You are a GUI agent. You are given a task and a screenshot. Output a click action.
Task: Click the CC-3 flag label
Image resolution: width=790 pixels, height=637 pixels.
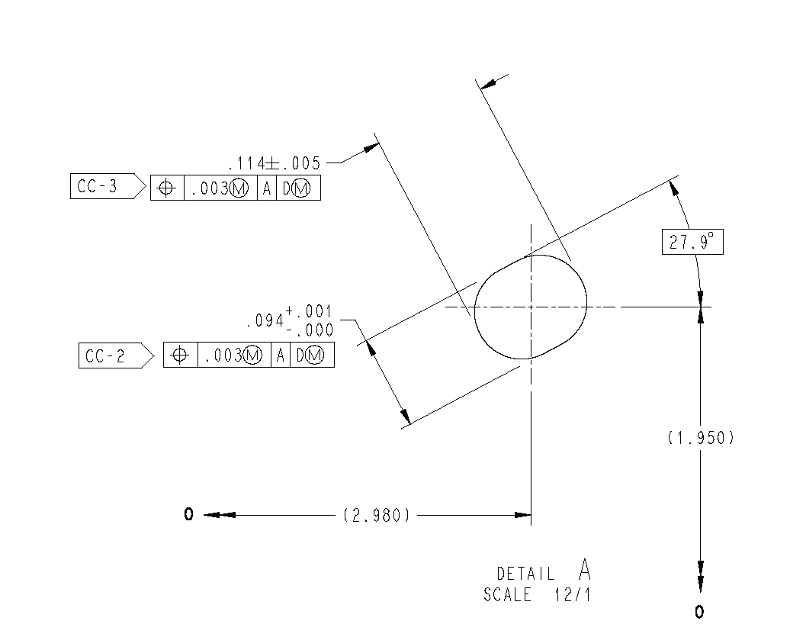[x=98, y=186]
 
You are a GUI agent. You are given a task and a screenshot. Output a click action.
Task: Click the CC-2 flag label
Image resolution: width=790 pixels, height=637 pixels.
[x=104, y=355]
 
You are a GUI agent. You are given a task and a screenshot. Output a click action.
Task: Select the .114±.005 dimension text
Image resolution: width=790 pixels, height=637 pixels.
[x=274, y=163]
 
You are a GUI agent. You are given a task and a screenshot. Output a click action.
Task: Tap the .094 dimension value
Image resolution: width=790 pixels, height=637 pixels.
[x=265, y=320]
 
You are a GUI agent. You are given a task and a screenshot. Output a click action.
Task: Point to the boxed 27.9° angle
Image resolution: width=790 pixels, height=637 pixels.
[x=692, y=242]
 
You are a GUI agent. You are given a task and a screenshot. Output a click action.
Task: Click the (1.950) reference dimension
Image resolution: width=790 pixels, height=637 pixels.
[x=701, y=437]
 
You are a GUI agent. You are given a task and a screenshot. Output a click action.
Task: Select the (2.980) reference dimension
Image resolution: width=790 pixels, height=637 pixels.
[x=377, y=515]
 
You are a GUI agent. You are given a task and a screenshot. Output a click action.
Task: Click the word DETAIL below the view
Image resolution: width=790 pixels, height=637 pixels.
[x=525, y=574]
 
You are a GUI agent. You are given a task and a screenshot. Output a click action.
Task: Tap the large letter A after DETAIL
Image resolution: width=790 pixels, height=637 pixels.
[x=584, y=569]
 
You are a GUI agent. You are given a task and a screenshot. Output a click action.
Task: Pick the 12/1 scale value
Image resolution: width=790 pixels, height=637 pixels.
[x=573, y=595]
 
